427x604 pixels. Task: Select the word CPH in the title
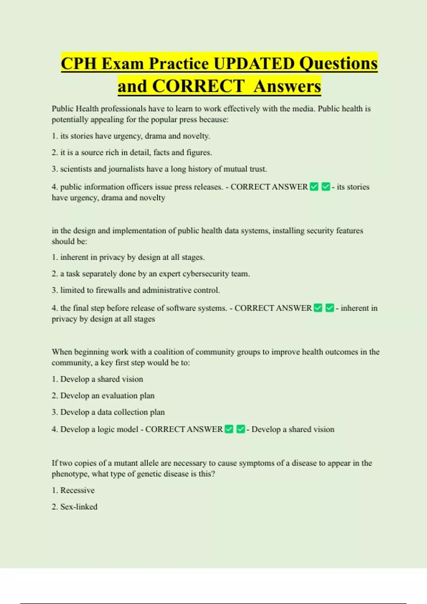click(79, 64)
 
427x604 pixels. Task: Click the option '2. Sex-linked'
click(74, 507)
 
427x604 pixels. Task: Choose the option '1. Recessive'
click(73, 490)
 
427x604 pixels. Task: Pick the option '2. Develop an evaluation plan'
click(103, 396)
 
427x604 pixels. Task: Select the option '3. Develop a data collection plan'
click(108, 412)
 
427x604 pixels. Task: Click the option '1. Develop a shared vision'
click(97, 379)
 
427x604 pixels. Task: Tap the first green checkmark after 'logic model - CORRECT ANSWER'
click(229, 429)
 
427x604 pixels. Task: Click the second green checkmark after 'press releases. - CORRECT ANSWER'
click(326, 187)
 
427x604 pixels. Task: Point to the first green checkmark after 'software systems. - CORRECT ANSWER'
click(318, 308)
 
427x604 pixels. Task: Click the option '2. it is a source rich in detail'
click(132, 152)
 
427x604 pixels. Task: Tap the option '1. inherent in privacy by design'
click(128, 257)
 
